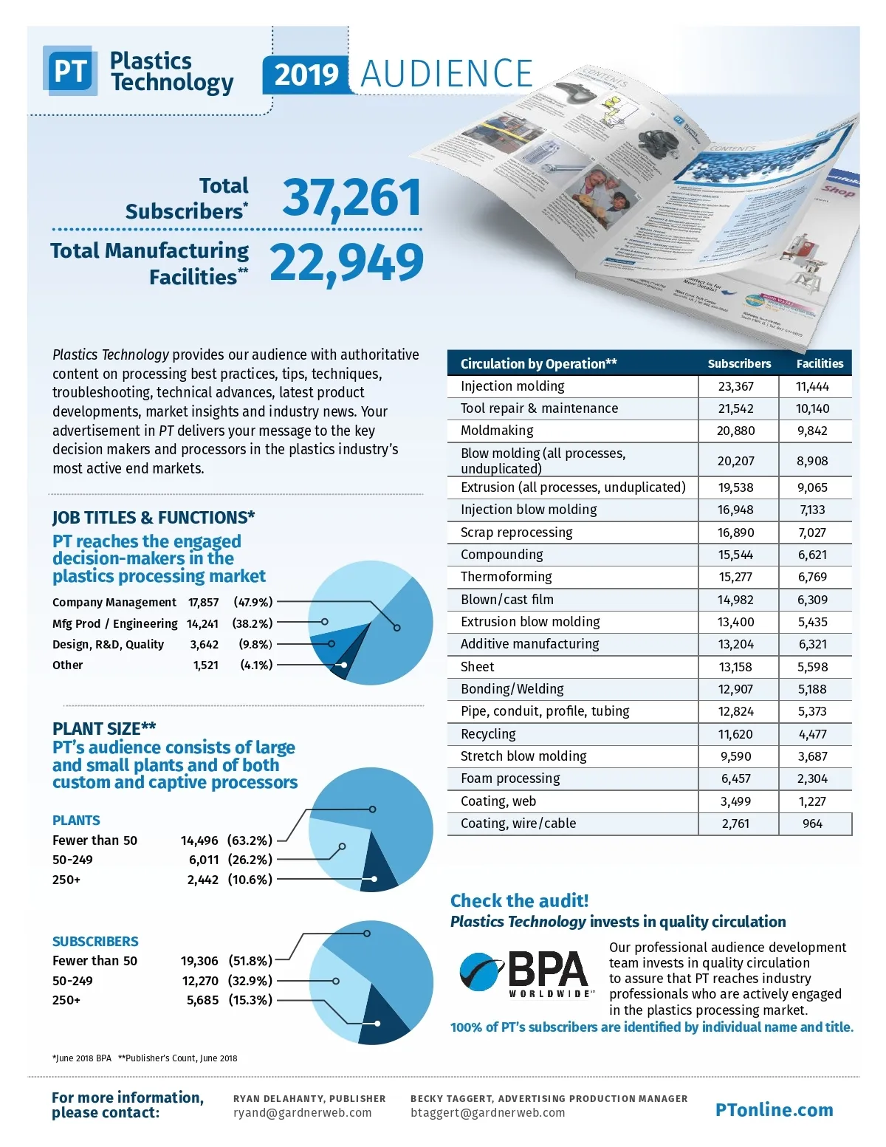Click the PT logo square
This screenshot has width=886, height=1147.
(x=70, y=72)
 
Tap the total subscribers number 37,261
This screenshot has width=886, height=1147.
(x=351, y=198)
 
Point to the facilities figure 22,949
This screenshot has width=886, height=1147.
(x=346, y=263)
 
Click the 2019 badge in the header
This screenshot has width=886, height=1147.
(x=306, y=75)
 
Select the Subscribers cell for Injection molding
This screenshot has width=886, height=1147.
(x=735, y=386)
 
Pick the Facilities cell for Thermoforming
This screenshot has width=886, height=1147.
(x=812, y=577)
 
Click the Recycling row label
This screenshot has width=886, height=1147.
(x=488, y=734)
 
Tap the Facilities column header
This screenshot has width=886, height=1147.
(x=820, y=363)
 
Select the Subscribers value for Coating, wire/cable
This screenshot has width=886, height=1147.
(x=735, y=824)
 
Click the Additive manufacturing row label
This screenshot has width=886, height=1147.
(x=529, y=644)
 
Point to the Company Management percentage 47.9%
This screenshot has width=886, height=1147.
(x=253, y=602)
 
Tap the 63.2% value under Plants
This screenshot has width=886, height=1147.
(x=250, y=840)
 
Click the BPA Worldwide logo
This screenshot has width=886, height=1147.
(x=526, y=973)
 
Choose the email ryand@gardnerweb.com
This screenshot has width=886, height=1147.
(x=302, y=1112)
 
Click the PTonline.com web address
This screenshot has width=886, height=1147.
(x=774, y=1109)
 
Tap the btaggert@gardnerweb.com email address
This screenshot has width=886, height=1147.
(x=487, y=1112)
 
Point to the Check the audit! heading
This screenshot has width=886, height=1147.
(x=519, y=901)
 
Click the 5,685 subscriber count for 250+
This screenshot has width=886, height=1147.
(x=202, y=1000)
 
